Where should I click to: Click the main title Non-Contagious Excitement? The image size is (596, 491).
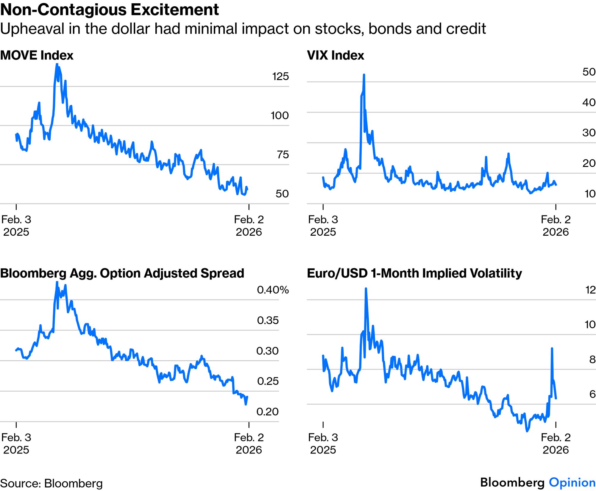[x=110, y=10]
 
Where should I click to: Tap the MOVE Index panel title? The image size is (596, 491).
[x=37, y=56]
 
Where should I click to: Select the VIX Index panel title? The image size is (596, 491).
[x=336, y=56]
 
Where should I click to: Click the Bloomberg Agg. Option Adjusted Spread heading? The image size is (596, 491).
[x=122, y=273]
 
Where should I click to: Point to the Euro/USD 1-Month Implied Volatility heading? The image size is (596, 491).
[x=414, y=273]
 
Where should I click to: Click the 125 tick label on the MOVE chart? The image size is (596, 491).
[x=280, y=76]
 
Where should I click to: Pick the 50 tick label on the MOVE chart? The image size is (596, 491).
[x=282, y=194]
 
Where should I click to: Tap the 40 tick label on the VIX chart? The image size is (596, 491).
[x=589, y=103]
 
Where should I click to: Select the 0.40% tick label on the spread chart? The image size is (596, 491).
[x=273, y=290]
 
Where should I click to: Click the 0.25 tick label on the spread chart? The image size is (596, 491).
[x=268, y=381]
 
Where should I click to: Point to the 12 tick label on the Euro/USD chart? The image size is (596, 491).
[x=590, y=290]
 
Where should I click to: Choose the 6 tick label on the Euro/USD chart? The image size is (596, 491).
[x=592, y=394]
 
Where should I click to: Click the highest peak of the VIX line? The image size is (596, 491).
[x=364, y=75]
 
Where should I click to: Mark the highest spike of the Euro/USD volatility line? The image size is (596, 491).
[x=366, y=289]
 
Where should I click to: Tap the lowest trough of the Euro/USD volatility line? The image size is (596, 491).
[x=527, y=431]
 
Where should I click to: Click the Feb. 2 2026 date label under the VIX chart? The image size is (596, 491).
[x=556, y=226]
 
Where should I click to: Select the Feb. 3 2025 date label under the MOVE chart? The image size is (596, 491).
[x=16, y=226]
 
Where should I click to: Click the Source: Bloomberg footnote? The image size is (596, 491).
[x=51, y=483]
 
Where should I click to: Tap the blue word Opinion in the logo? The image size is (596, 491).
[x=572, y=482]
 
